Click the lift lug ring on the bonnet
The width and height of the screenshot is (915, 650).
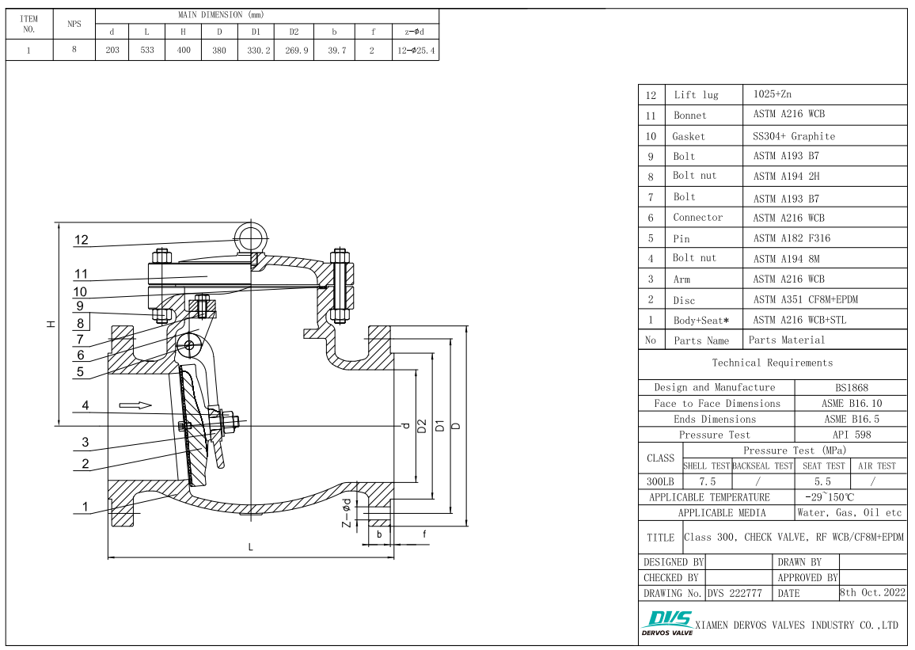[252, 234]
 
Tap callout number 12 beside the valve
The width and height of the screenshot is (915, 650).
[82, 240]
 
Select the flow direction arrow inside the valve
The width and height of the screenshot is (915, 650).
[135, 405]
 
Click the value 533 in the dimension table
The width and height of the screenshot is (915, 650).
[147, 51]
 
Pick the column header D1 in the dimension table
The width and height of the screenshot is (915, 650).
[256, 32]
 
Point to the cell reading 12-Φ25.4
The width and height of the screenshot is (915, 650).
[416, 51]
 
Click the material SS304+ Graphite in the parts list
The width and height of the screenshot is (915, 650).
[793, 136]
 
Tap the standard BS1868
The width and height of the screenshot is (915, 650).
[851, 388]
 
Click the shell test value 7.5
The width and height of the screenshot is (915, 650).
[707, 481]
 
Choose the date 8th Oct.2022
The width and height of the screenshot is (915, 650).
[872, 592]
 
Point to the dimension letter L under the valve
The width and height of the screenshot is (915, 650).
[251, 547]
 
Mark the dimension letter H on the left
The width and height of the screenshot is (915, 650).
[51, 324]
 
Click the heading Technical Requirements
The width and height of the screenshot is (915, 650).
[772, 363]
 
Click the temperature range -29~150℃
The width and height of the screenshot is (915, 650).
[829, 497]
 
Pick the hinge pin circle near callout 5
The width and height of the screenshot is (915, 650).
[188, 344]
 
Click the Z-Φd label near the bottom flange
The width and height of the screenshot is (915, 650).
[346, 513]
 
